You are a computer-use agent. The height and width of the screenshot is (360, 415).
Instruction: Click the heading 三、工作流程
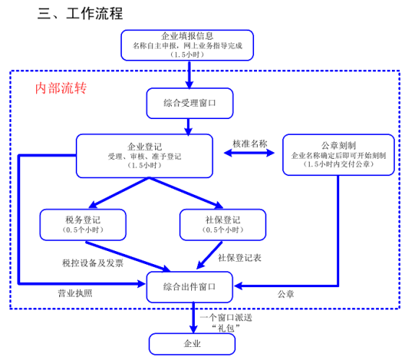coord(80,13)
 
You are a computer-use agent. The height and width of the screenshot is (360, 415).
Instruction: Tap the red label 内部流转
coord(61,88)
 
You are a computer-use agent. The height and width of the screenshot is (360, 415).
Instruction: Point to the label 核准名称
coord(250,144)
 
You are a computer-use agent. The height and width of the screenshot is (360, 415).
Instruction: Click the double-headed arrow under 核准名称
coord(249,153)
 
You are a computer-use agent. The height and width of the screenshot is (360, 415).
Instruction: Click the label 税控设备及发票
coord(93,263)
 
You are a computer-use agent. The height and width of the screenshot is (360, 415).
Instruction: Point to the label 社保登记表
coord(240,258)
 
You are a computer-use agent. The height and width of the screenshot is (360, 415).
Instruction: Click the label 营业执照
coord(75,294)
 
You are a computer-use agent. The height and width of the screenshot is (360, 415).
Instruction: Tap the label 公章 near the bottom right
coord(286,294)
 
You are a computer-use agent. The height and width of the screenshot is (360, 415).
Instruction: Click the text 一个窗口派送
coord(226,317)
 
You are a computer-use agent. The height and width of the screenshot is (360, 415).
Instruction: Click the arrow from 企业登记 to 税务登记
coord(119,193)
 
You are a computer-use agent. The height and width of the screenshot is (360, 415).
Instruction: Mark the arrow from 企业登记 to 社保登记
coord(186,193)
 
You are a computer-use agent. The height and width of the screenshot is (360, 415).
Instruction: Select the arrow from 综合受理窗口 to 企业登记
coord(188,127)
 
